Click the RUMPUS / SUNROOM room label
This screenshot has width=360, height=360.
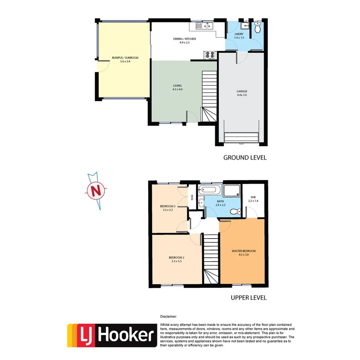pos(125,58)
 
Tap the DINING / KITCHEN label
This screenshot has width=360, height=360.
pos(187,39)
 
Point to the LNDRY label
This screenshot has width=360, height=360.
pos(239,34)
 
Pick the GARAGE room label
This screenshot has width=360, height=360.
pos(242,92)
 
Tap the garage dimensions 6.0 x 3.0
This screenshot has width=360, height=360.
pos(242,95)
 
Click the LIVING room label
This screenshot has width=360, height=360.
pos(177,86)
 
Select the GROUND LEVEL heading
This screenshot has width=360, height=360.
pos(245,158)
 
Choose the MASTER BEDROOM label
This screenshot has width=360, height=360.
pos(243,251)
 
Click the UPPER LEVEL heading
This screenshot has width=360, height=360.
pos(248,298)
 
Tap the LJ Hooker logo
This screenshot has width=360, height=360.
pos(112,335)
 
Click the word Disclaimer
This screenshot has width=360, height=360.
pos(168,316)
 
